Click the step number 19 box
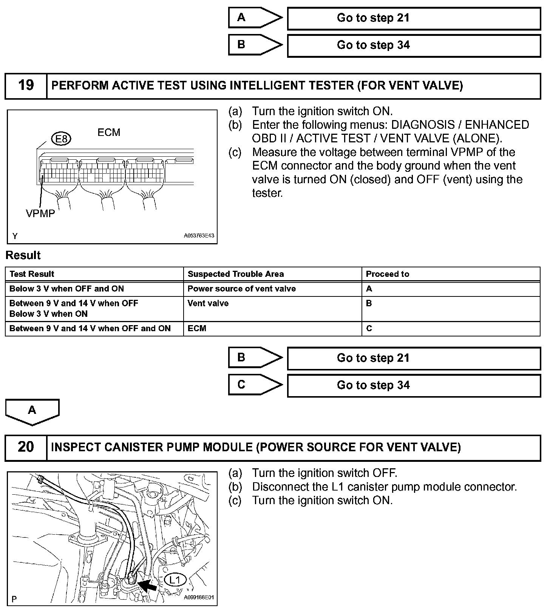tap(26, 85)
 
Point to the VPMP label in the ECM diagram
tap(40, 214)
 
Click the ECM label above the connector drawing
tap(109, 133)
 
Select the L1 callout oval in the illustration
tap(175, 580)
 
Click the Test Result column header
tap(32, 274)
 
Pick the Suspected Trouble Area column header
tap(236, 274)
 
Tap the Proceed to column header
tap(388, 274)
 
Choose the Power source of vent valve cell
tap(242, 289)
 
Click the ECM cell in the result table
tap(197, 329)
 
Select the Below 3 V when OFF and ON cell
tap(66, 289)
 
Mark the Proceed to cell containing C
tap(369, 329)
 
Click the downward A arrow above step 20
tap(32, 411)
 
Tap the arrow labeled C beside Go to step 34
tap(255, 384)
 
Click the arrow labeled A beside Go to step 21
tap(255, 17)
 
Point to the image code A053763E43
tap(199, 236)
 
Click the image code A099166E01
tap(199, 598)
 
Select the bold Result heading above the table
tap(23, 255)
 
